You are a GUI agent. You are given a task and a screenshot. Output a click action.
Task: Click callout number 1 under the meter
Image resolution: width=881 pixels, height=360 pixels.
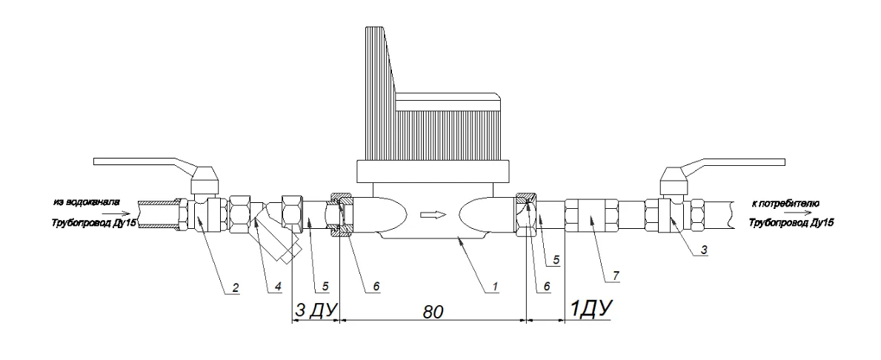coord(494,287)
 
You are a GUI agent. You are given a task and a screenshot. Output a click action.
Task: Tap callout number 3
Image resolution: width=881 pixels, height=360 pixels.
coord(705,250)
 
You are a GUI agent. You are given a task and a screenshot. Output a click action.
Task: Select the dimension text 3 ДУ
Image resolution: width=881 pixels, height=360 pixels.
coord(315,310)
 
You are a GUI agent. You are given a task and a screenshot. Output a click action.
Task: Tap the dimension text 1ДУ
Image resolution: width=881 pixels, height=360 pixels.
coord(591,309)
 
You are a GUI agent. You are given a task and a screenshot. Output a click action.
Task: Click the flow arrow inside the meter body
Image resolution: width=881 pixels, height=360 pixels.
coord(433,214)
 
